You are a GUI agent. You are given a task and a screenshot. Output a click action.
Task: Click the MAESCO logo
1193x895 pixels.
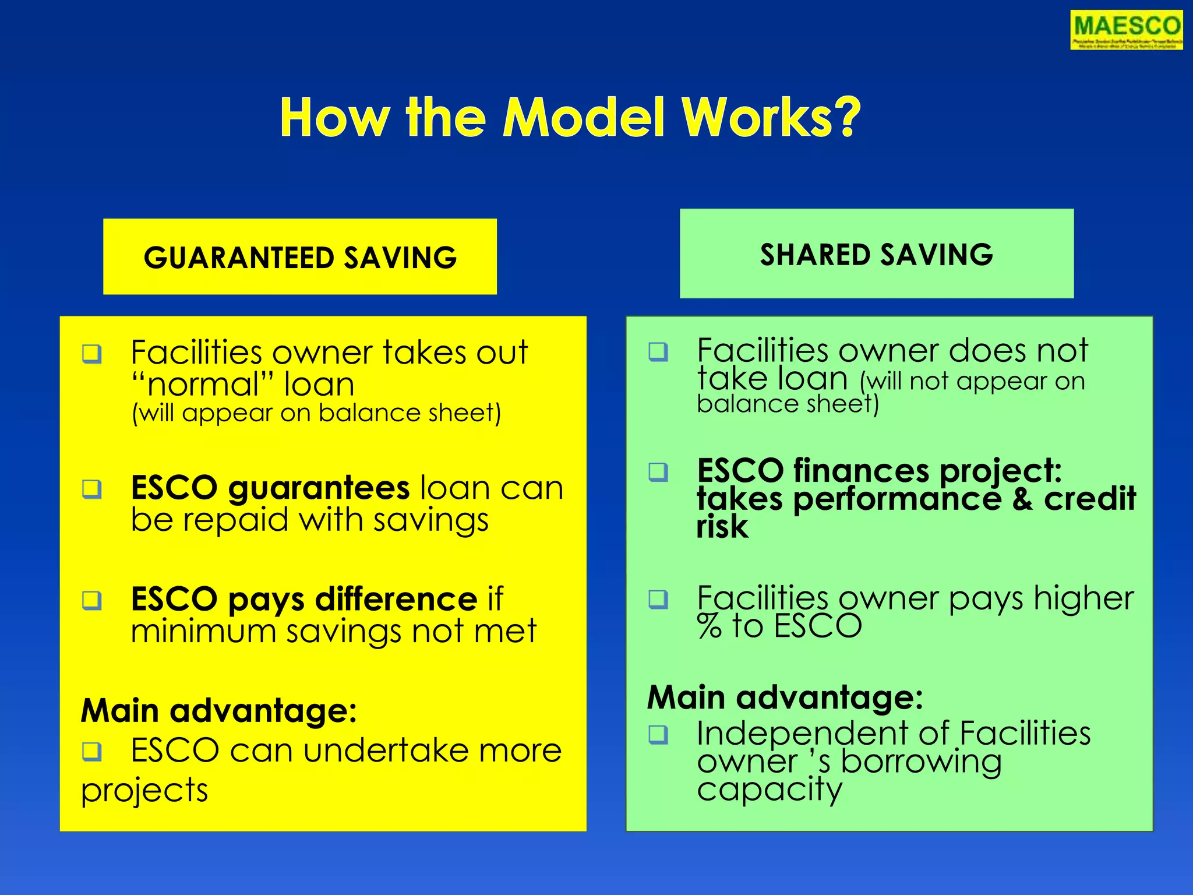1126,30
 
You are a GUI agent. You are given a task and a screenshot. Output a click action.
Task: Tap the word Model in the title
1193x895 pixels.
584,118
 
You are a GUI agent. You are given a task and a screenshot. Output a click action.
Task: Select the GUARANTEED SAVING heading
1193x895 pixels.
300,258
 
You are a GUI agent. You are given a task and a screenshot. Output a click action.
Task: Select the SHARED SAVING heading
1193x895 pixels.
876,255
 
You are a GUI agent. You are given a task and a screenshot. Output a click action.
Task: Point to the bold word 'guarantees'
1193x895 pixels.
319,488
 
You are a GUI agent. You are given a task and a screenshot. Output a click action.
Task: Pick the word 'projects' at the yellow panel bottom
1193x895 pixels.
144,791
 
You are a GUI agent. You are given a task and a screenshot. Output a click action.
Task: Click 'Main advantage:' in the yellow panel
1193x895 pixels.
218,710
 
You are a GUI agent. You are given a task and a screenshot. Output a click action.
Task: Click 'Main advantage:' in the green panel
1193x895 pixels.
785,697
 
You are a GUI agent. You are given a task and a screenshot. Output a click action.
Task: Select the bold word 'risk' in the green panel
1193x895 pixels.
722,527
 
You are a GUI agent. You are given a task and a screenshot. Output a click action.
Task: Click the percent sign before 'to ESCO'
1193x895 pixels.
710,626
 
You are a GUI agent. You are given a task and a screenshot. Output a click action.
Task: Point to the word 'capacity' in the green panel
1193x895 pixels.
769,790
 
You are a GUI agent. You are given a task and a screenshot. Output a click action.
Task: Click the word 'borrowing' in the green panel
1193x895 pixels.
921,762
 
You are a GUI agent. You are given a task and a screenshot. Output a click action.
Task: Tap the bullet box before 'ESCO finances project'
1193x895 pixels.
658,471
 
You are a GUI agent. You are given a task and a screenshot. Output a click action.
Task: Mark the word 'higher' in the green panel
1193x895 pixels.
1083,598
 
